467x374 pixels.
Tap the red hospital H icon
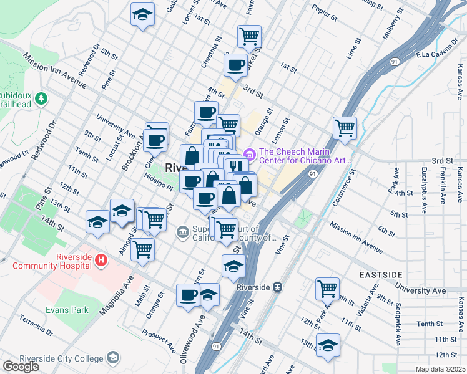click(101, 258)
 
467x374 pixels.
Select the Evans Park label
click(66, 309)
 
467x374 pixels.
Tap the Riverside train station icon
click(278, 287)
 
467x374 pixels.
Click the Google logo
click(21, 366)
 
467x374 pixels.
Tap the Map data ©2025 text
click(441, 369)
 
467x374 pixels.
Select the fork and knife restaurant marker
click(235, 166)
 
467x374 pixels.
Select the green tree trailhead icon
click(41, 98)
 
